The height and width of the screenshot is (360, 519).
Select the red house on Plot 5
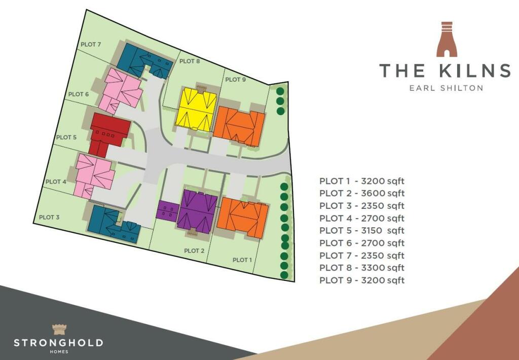107,131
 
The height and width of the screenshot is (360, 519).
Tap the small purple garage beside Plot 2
166,210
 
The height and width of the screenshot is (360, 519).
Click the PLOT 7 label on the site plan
91,45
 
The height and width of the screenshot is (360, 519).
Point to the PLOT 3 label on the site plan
49,217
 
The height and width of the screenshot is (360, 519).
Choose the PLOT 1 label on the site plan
242,260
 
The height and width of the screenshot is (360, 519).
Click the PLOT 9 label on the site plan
236,80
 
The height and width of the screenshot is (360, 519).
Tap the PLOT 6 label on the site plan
79,94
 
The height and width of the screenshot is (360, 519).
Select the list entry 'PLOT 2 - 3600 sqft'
362,193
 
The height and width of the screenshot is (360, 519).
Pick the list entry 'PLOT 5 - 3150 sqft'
362,230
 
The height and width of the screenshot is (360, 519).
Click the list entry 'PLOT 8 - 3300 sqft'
362,268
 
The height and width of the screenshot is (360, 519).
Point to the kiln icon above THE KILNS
447,39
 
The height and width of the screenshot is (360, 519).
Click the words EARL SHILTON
446,88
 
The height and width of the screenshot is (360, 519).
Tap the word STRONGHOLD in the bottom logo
58,343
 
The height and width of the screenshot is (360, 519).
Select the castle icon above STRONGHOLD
58,329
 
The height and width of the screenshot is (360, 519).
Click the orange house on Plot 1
242,218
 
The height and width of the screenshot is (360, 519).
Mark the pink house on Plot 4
94,175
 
